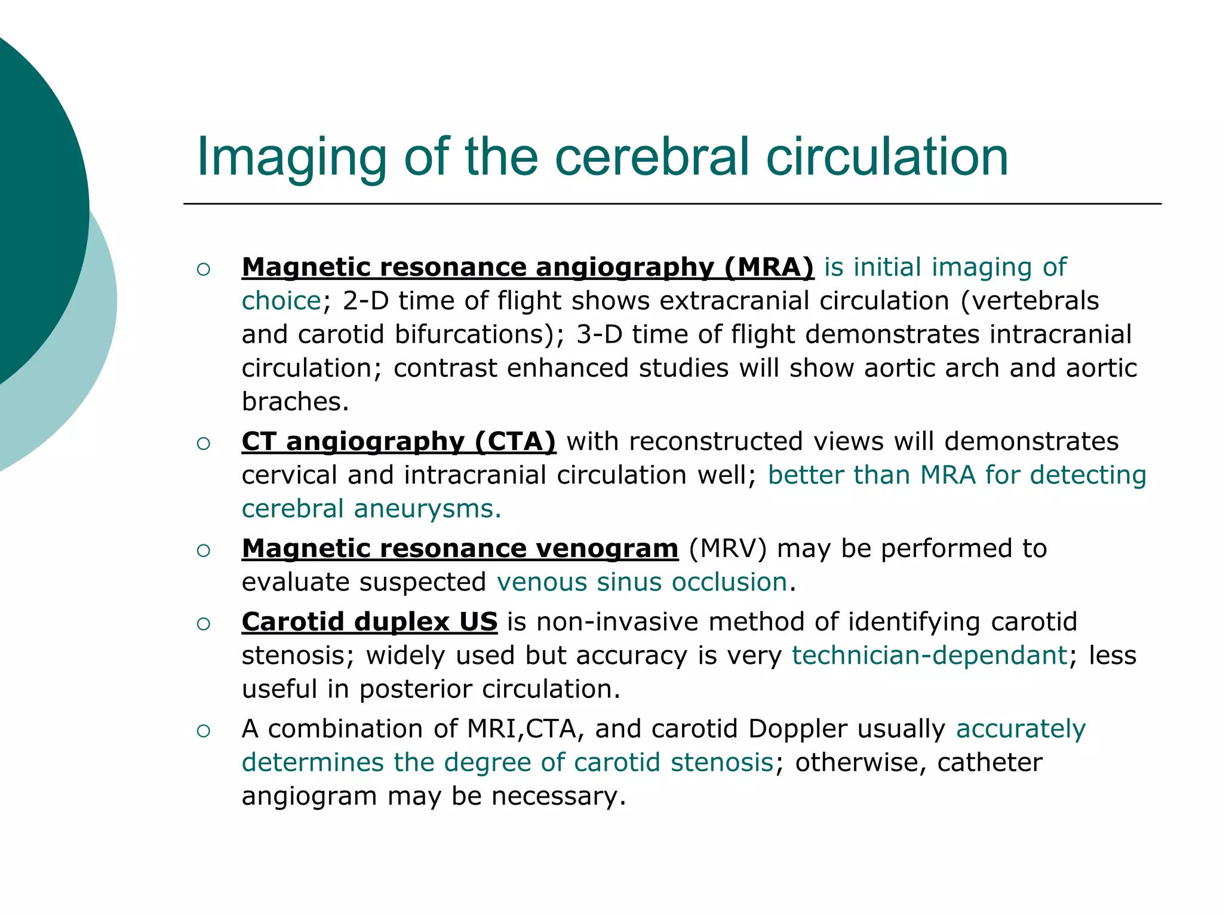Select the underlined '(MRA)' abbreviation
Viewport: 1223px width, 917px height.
tap(769, 267)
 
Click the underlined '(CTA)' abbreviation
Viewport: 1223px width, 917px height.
tap(515, 441)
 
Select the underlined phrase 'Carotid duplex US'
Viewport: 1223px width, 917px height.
tap(369, 621)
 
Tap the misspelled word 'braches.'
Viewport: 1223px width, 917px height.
tap(295, 401)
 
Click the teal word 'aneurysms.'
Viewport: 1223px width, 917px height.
tap(427, 509)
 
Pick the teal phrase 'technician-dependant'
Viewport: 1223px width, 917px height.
tap(929, 656)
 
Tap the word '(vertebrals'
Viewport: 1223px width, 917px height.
tap(1030, 301)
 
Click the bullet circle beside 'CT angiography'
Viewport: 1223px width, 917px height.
tap(203, 443)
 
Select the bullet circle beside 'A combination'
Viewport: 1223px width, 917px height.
tap(203, 731)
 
